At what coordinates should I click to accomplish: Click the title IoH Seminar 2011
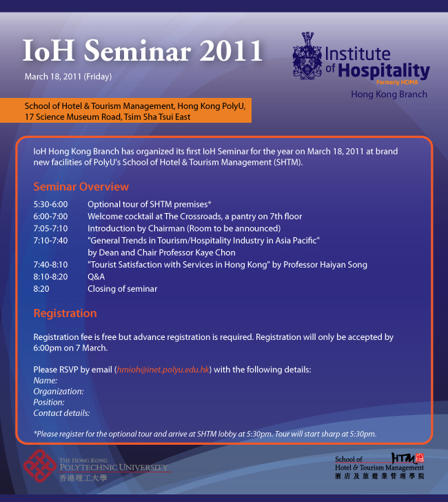[143, 50]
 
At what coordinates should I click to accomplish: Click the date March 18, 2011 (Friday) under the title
[68, 77]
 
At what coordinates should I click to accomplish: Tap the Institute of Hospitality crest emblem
[307, 55]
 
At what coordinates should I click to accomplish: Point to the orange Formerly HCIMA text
[397, 82]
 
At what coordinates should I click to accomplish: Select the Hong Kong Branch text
[389, 94]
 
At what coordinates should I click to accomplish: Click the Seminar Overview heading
[81, 186]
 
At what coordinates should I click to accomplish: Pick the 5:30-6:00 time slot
[50, 204]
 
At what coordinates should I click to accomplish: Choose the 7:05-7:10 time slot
[50, 228]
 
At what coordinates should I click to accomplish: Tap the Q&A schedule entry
[96, 277]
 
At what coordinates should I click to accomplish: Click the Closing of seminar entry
[123, 289]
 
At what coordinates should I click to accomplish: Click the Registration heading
[65, 313]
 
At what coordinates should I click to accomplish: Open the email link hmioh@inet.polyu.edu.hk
[163, 370]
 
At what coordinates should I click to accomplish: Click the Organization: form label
[59, 391]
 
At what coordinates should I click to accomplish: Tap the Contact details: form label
[61, 413]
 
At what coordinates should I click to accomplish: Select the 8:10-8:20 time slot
[50, 277]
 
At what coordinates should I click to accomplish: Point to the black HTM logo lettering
[404, 458]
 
